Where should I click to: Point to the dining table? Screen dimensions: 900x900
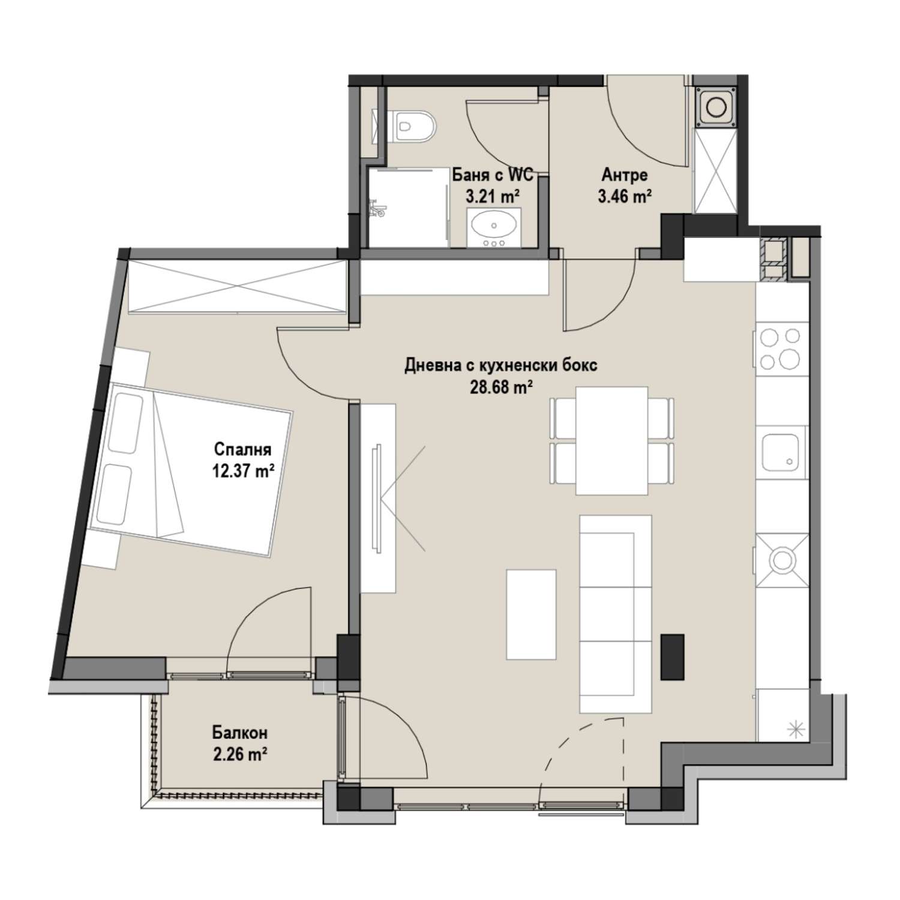coord(612,441)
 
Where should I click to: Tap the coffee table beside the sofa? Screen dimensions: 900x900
coord(531,614)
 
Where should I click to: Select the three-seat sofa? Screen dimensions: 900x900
coord(616,614)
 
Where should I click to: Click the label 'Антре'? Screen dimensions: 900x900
coord(625,175)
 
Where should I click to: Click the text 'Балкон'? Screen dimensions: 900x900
coord(239,733)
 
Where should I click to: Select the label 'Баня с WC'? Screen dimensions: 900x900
coord(493,176)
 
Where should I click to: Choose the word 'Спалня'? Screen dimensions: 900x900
coord(242,450)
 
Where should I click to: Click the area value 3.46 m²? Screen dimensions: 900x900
coord(625,196)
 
